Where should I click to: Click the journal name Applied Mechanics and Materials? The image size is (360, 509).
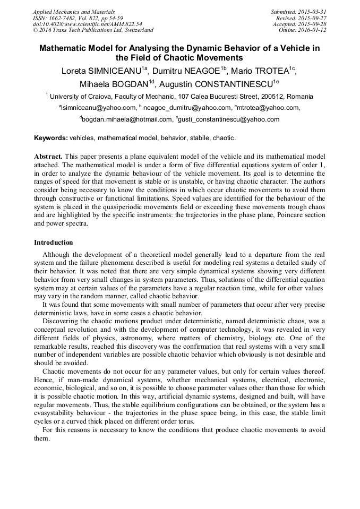(74, 12)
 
